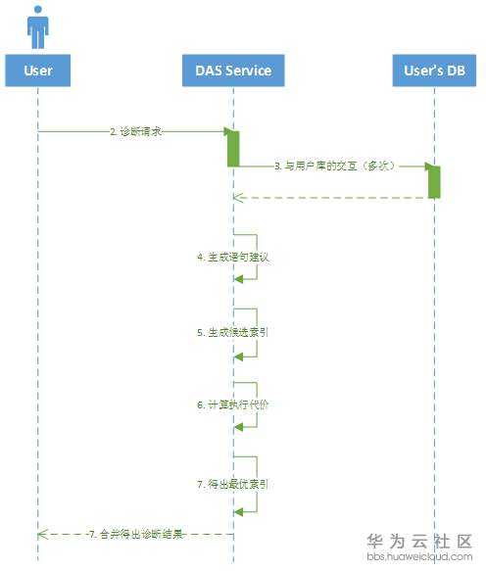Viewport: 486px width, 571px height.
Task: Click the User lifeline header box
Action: click(38, 71)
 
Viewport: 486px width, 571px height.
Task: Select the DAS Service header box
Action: click(233, 71)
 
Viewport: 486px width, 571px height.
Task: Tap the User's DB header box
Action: click(432, 71)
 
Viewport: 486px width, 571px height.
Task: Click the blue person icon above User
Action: click(37, 27)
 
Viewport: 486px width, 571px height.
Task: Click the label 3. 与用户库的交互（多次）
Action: click(333, 167)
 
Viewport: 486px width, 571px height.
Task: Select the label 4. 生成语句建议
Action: click(233, 257)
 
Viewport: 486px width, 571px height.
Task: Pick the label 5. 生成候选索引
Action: click(233, 332)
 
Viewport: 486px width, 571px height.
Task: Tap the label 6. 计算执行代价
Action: click(233, 404)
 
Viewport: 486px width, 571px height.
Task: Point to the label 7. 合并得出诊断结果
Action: click(135, 534)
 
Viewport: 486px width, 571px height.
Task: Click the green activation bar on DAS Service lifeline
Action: click(233, 147)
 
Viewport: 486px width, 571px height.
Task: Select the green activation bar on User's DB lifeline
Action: click(433, 181)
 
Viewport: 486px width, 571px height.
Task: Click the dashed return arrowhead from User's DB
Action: click(237, 198)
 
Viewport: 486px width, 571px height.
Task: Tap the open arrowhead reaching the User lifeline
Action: click(42, 534)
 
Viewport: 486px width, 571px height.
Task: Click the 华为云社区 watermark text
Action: click(419, 542)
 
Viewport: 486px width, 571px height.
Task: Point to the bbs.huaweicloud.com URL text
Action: click(419, 557)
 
